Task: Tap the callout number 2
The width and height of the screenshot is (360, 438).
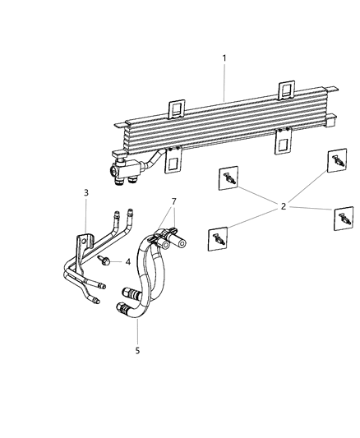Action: [x=284, y=206]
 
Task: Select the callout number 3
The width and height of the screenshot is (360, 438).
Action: [x=86, y=192]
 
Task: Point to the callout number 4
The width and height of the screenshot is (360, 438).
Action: [x=127, y=262]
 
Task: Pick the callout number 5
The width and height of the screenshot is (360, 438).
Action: [x=137, y=350]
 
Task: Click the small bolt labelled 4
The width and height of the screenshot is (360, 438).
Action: [x=106, y=260]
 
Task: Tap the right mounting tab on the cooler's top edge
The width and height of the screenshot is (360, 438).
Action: [x=288, y=90]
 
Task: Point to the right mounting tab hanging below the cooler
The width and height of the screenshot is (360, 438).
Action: [x=283, y=145]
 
